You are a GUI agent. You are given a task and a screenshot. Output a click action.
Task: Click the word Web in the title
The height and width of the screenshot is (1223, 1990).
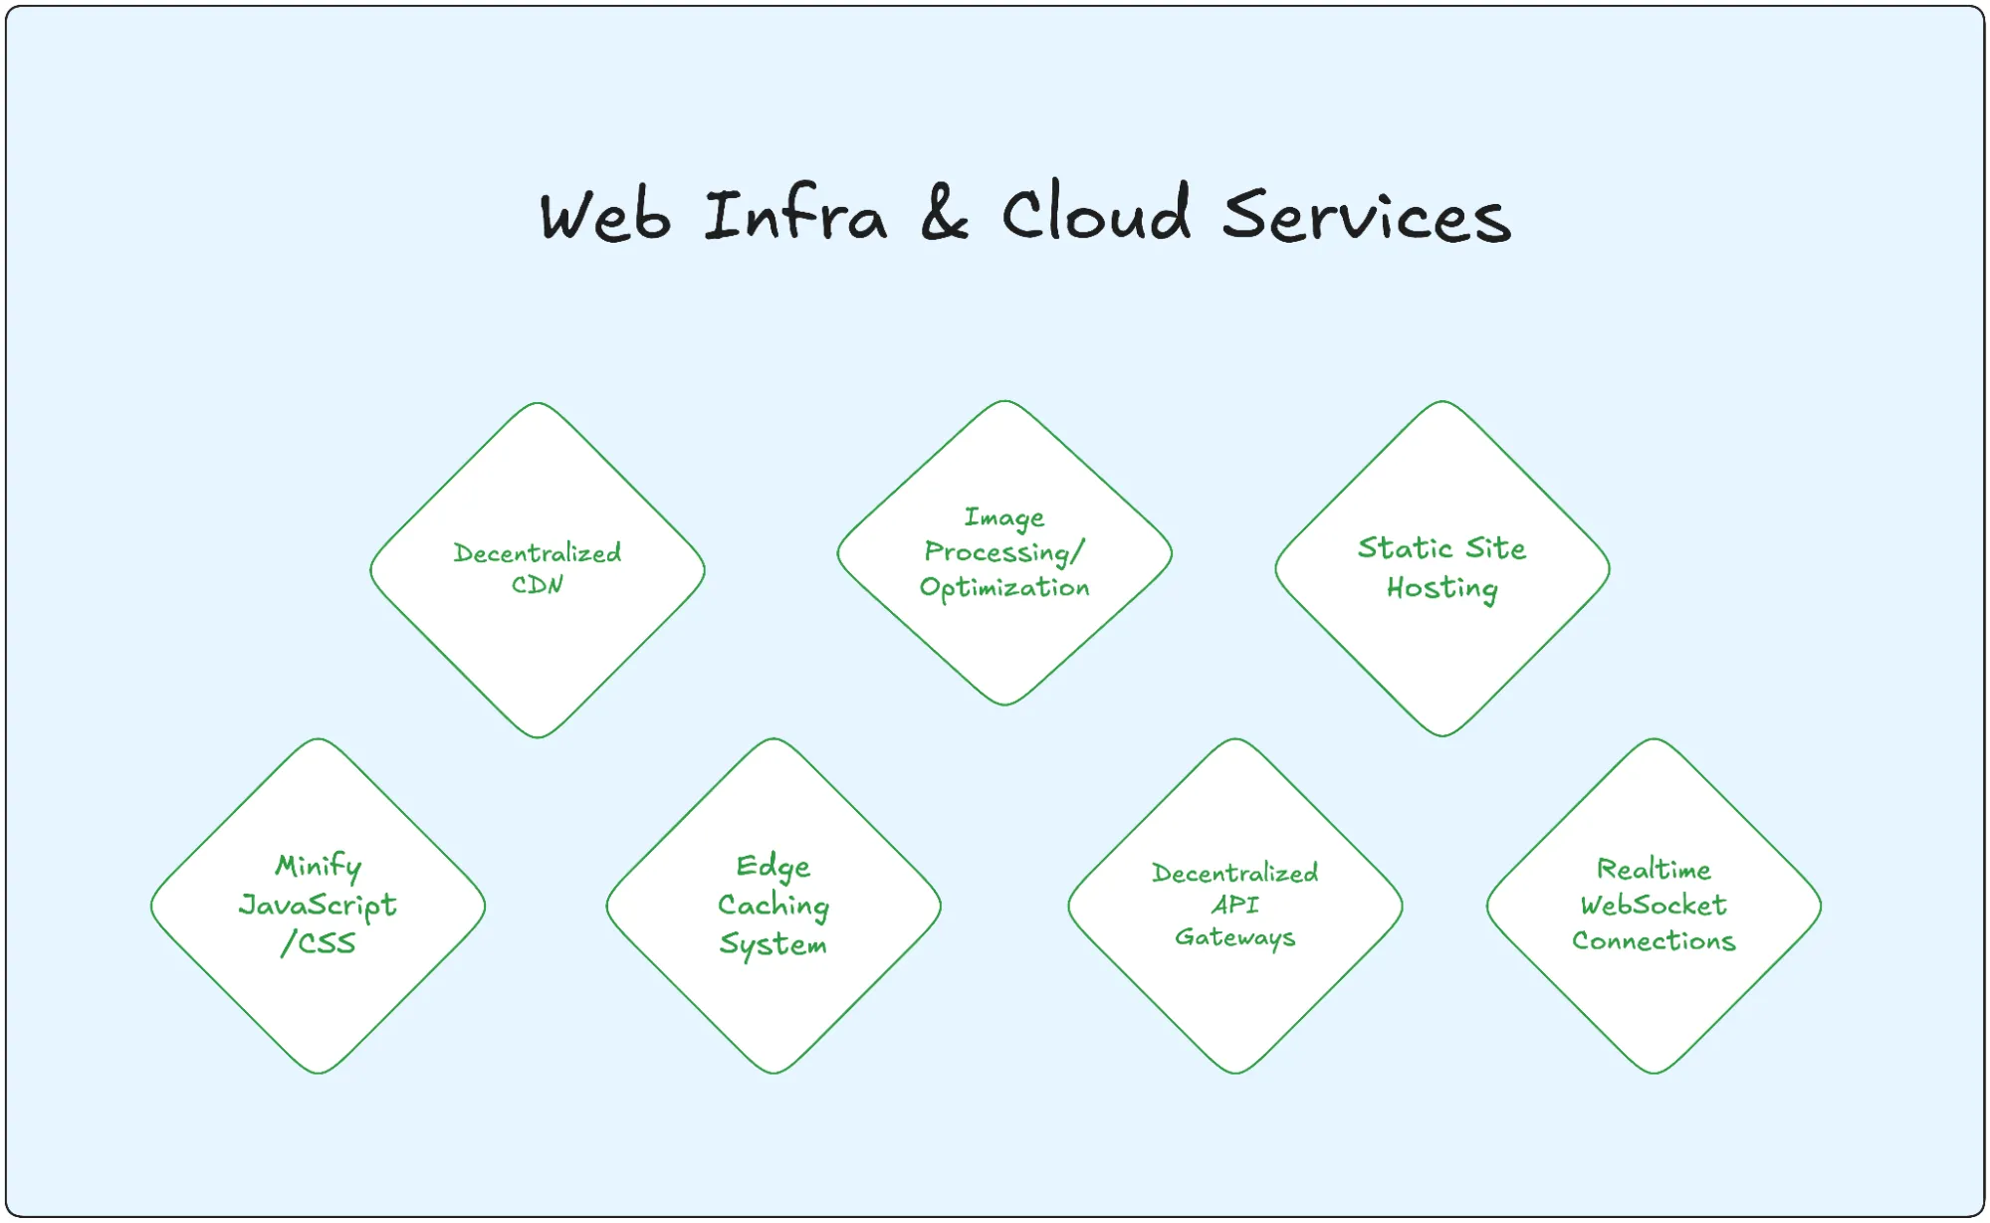pos(604,216)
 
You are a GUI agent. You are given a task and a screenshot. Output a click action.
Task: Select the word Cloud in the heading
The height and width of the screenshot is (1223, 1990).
pos(1095,212)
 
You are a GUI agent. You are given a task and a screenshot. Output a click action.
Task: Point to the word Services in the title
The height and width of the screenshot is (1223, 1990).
pos(1366,216)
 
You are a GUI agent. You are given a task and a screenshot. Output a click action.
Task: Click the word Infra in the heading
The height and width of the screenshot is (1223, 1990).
pos(794,214)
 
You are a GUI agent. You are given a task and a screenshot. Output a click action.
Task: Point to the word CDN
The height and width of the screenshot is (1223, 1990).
pos(538,585)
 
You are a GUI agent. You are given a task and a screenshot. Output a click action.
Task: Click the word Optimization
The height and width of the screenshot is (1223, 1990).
pos(1004,588)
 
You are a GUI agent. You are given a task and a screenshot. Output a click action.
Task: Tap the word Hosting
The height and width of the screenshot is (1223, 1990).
pos(1441,589)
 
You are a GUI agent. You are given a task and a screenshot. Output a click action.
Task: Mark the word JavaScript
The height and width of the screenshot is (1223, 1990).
pos(318,906)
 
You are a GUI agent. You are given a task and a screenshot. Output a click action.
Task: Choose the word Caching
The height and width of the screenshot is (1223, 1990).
pos(774,906)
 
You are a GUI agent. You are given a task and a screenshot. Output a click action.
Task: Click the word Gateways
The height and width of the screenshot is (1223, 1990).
pos(1234,937)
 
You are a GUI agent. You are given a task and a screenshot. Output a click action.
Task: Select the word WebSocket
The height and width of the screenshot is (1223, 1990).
pos(1654,906)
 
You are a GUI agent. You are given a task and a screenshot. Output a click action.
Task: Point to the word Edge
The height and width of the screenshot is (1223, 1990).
pos(774,867)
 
